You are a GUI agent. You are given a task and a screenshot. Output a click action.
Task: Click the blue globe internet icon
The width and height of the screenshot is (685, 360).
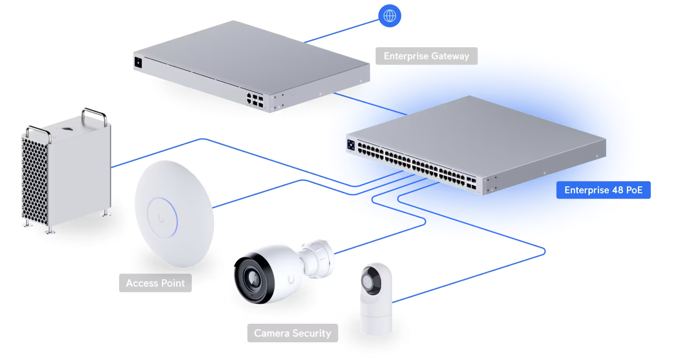pos(390,16)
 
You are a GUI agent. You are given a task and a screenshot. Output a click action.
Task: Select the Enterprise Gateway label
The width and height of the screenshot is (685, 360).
pos(426,56)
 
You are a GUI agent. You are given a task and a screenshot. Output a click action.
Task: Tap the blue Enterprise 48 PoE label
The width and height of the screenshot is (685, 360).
pos(603,190)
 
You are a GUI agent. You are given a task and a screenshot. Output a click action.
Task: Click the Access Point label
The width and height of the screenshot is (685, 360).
pos(155,283)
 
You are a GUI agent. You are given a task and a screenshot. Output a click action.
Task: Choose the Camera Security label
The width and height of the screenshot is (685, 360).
pos(292,333)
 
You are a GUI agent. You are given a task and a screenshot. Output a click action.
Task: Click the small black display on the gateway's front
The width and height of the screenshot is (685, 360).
pos(138,62)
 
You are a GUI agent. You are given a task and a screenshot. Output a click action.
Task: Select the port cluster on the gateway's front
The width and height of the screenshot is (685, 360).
pos(255,100)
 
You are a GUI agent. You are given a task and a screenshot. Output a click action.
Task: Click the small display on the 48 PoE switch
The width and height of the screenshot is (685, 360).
pos(351,145)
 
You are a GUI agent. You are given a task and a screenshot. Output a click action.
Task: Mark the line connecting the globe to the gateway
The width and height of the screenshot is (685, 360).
pos(342,31)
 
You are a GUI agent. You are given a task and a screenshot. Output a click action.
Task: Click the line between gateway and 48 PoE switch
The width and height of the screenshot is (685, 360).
pos(370,104)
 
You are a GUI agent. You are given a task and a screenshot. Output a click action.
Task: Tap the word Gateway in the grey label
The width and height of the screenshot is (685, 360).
pos(450,56)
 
